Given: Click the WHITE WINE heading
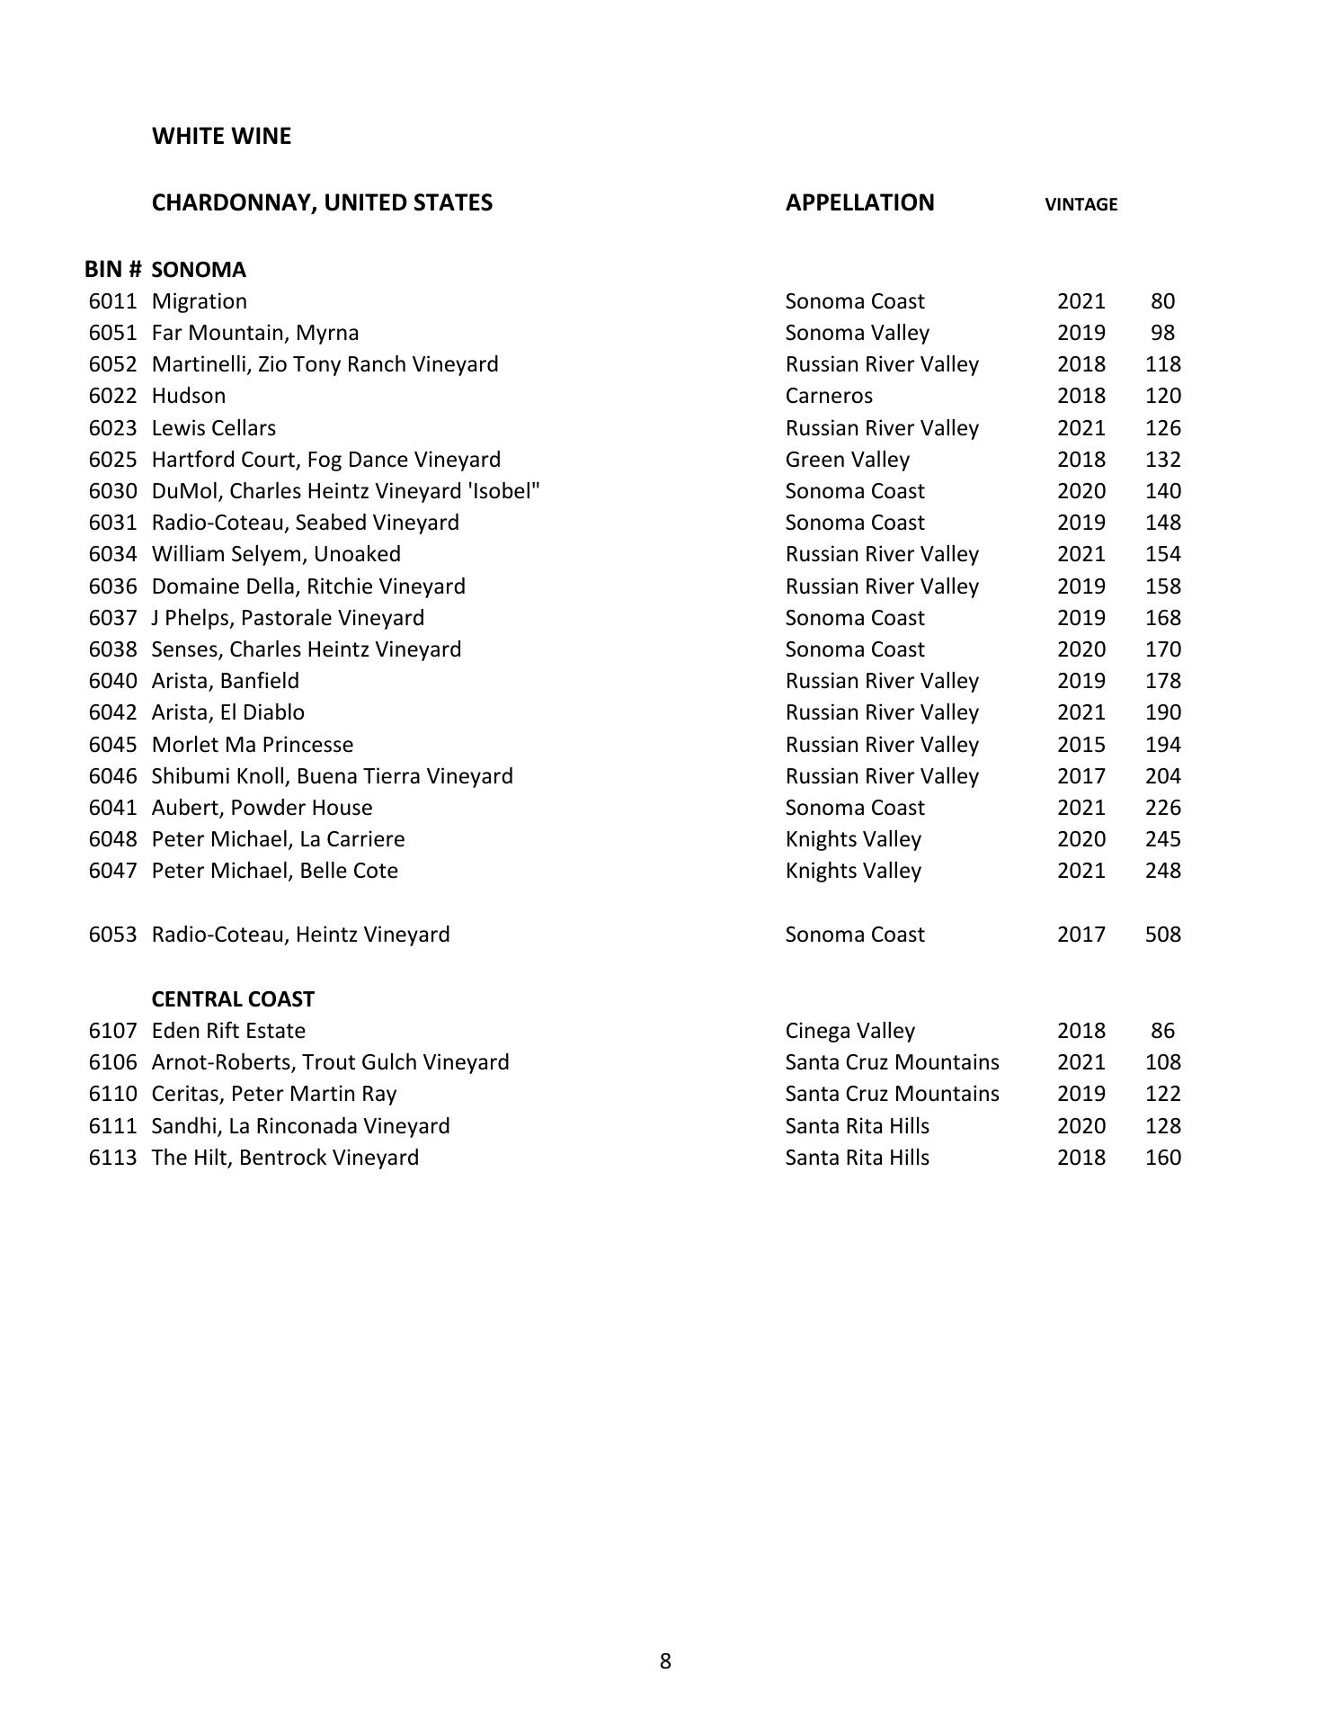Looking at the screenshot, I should (x=221, y=136).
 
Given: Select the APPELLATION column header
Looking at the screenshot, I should (x=859, y=202).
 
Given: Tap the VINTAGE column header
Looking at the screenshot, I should (x=1081, y=204).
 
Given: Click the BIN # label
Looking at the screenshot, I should (x=112, y=270).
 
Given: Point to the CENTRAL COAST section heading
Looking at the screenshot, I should (x=233, y=999).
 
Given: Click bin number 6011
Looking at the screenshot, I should (x=112, y=301).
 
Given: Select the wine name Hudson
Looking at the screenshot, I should (x=189, y=396).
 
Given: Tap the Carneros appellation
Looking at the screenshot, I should (x=829, y=396).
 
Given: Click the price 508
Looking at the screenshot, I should (x=1162, y=935).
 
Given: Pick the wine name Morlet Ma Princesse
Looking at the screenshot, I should (x=253, y=745).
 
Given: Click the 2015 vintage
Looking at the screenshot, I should (x=1081, y=745).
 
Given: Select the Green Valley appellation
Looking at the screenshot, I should (x=847, y=460).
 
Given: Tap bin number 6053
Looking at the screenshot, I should (x=112, y=935).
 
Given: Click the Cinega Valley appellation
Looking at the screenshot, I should (x=849, y=1031).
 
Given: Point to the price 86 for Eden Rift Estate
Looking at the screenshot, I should (x=1162, y=1031).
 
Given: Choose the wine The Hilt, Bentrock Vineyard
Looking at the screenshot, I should (x=285, y=1158).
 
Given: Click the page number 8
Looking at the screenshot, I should (x=665, y=1661).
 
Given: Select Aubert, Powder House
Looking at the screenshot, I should (x=262, y=808).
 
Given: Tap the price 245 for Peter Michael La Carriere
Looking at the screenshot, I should (x=1162, y=839).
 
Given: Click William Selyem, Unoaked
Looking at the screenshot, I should (x=276, y=554).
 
